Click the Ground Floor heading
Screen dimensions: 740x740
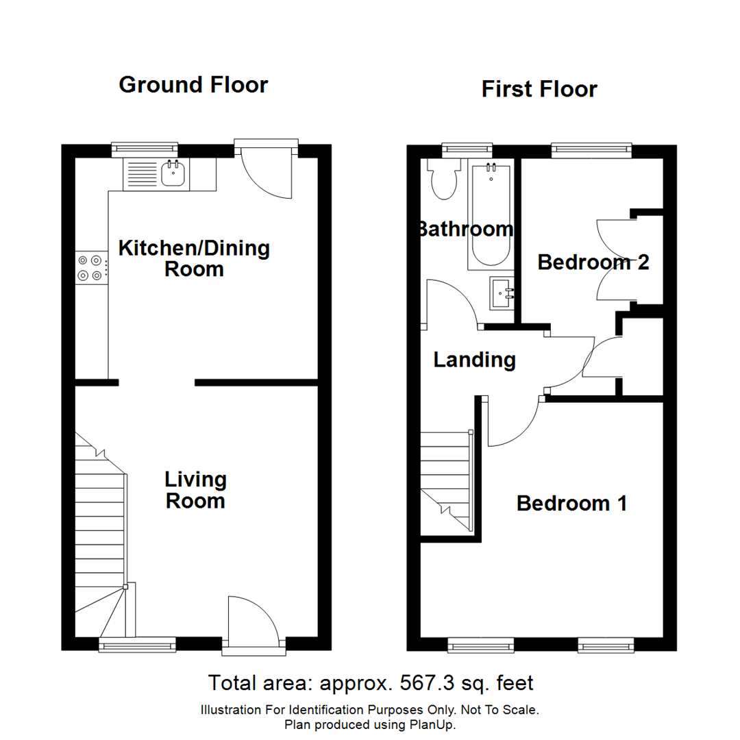pos(193,85)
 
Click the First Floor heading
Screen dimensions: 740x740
pos(539,89)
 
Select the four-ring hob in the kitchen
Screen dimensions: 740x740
pos(91,267)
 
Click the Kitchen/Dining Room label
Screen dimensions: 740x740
pos(195,258)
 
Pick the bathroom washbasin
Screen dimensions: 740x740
pos(503,293)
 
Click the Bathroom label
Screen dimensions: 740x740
pos(466,229)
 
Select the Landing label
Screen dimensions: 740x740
pos(474,360)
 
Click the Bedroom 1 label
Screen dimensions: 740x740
pos(571,504)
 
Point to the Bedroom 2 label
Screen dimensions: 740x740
pos(593,262)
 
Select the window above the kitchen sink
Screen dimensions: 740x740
pos(145,148)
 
